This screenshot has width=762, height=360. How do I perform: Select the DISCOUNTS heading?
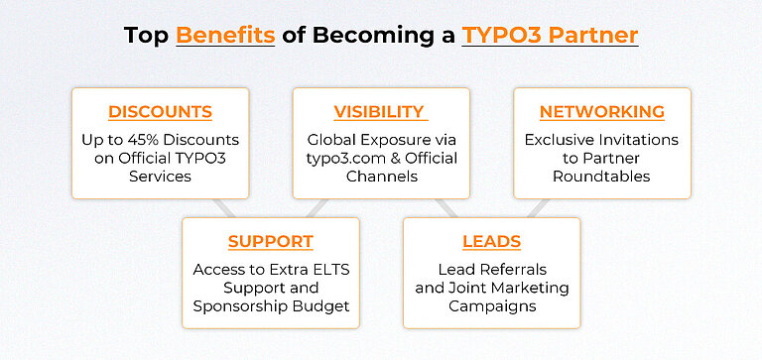[x=160, y=111]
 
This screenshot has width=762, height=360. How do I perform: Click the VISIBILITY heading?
[x=379, y=111]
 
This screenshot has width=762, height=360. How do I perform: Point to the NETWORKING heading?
[x=601, y=111]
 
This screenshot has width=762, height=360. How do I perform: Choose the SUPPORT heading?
[x=270, y=241]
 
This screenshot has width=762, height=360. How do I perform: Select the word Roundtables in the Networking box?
[x=601, y=177]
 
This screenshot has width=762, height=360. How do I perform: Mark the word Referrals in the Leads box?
[x=512, y=270]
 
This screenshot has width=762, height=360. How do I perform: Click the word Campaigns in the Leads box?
[x=491, y=306]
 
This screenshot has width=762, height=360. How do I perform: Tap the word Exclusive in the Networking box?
[x=563, y=140]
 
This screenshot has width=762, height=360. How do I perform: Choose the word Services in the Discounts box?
[x=160, y=177]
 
